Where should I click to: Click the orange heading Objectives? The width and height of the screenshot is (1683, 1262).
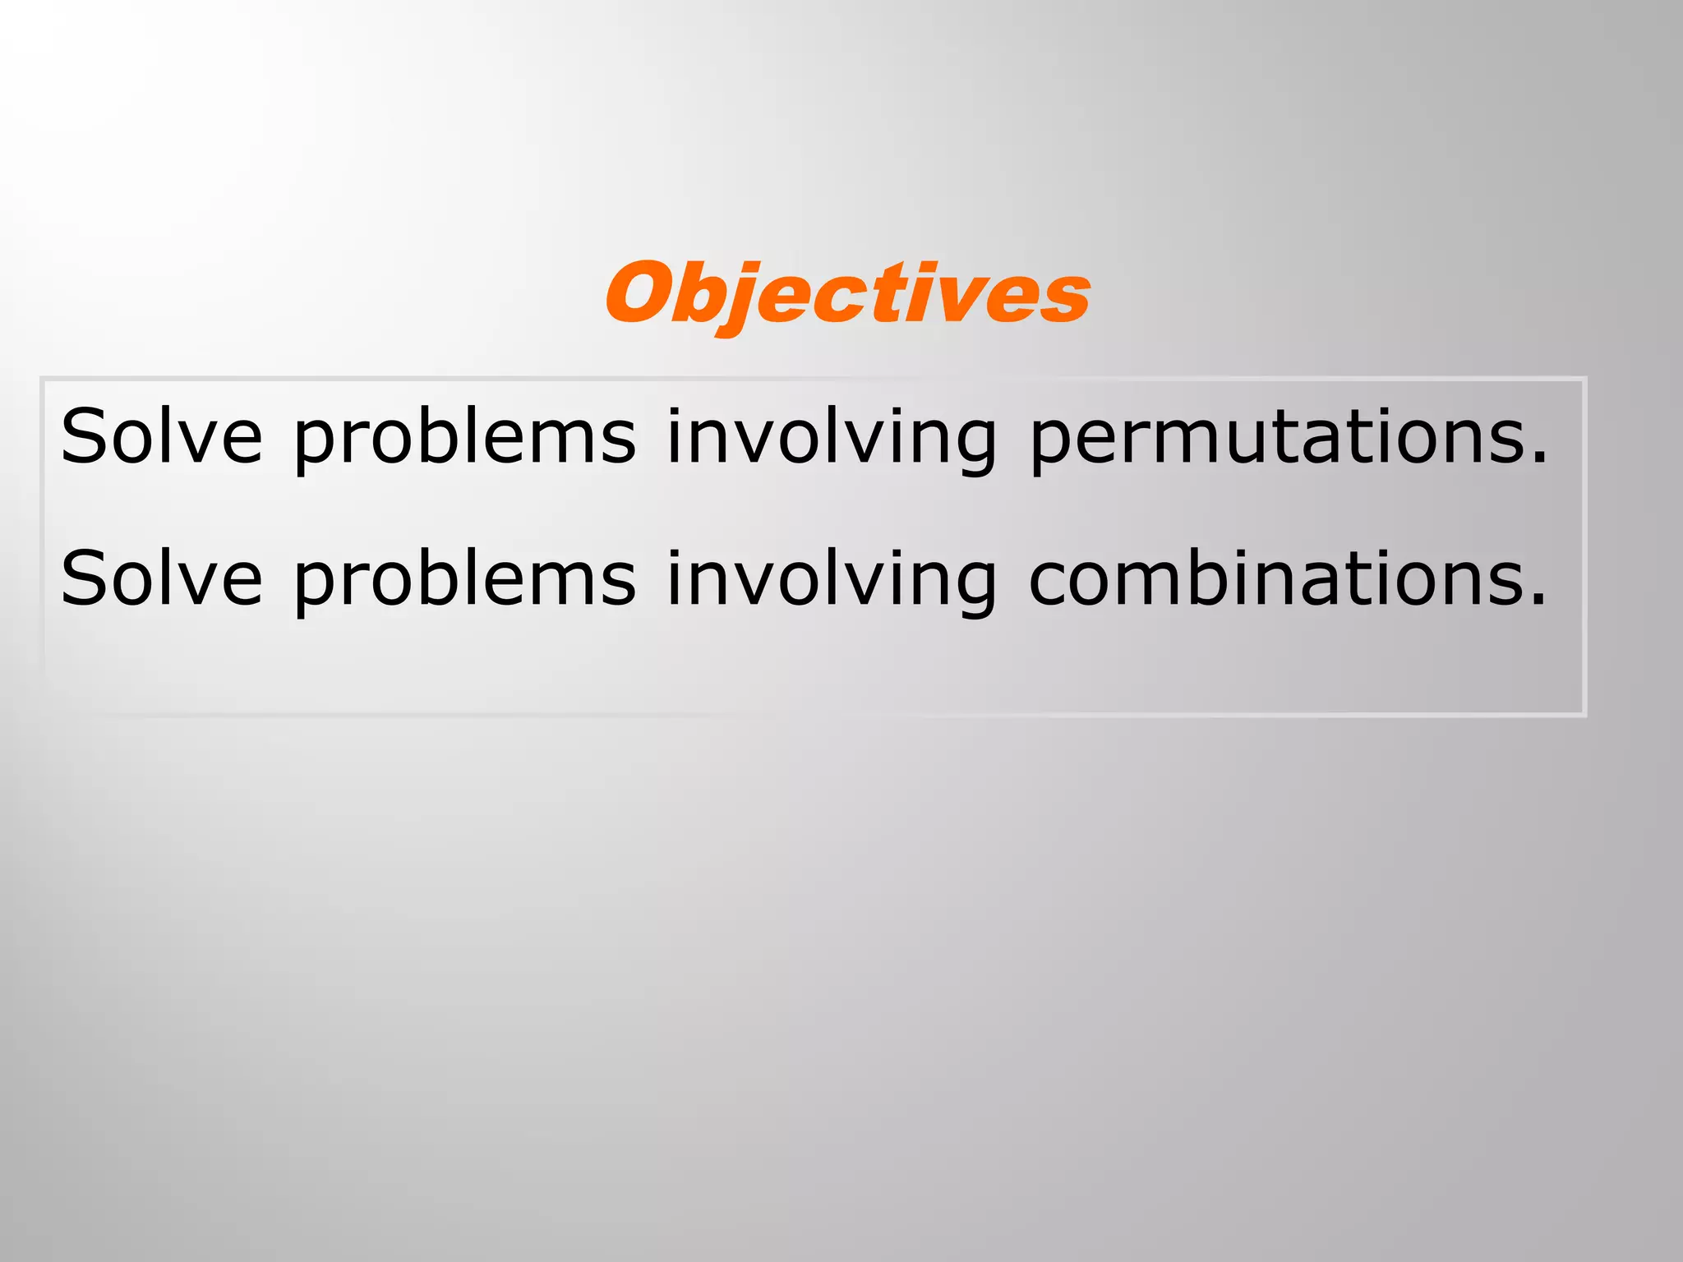847,294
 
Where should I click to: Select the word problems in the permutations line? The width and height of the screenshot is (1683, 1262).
464,437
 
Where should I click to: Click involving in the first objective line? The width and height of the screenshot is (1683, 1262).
831,437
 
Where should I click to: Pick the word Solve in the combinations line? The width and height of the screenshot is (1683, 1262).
161,578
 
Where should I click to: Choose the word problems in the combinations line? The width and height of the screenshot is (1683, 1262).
464,580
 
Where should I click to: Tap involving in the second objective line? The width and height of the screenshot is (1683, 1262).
831,580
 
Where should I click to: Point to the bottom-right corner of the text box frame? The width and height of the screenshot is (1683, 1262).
1584,714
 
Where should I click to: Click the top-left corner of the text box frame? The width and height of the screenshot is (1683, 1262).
43,380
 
